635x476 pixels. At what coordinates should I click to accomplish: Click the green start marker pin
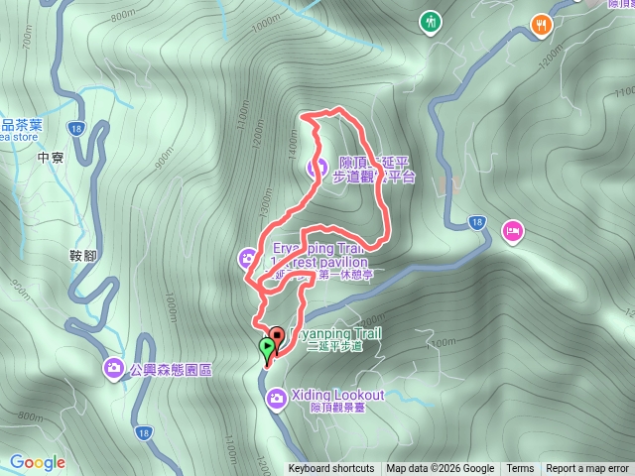(267, 348)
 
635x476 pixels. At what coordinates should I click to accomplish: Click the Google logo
(38, 462)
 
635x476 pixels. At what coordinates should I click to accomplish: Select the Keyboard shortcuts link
(331, 469)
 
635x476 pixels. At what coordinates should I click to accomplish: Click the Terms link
(520, 469)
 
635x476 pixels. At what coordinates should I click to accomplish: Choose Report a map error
(588, 469)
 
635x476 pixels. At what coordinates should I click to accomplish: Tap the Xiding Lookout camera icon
(277, 398)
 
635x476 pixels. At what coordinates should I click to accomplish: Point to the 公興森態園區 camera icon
(114, 369)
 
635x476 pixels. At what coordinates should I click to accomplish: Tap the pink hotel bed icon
(512, 231)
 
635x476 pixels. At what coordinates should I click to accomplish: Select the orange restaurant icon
(542, 24)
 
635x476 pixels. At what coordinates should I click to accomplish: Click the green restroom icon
(431, 21)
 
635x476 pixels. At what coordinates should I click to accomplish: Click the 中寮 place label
(50, 157)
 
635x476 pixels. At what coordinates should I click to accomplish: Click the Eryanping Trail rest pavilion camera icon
(247, 259)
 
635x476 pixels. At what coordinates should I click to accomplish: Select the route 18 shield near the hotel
(478, 221)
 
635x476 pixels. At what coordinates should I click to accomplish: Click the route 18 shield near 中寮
(76, 128)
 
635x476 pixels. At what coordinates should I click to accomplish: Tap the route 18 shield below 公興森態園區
(145, 432)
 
